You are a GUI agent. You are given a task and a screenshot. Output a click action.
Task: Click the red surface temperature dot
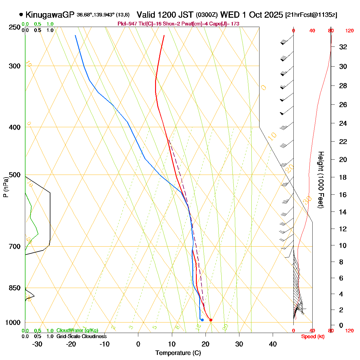211,320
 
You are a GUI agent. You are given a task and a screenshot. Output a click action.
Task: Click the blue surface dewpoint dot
202,320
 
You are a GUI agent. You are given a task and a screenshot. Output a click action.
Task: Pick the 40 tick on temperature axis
273,344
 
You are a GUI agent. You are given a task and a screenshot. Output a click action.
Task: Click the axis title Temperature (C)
178,353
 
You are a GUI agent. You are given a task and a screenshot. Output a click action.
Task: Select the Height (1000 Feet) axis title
321,180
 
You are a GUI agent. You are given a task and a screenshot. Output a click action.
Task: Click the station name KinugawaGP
49,15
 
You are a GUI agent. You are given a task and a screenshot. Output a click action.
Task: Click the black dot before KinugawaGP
21,14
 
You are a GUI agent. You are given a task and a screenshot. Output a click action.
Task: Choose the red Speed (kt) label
313,337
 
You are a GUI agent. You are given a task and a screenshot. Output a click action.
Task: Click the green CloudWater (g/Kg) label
77,331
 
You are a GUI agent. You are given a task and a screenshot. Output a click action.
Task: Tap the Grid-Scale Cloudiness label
81,337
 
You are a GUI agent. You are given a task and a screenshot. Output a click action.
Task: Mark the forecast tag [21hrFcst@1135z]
311,15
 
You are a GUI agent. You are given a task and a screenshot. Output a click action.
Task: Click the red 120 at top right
349,31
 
